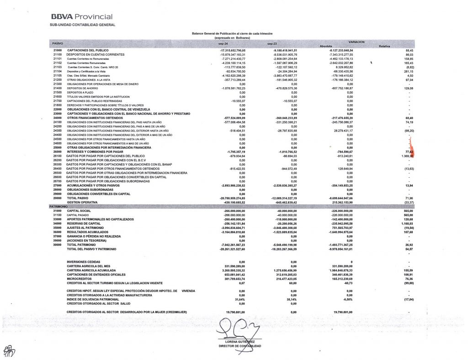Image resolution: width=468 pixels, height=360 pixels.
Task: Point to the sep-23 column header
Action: click(273, 43)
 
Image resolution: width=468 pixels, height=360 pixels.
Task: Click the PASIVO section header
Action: click(58, 43)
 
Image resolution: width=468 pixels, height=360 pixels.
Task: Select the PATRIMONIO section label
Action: click(58, 206)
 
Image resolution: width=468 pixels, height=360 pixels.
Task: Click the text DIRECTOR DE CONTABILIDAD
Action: click(240, 346)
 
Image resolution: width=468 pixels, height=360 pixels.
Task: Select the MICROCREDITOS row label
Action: click(80, 278)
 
